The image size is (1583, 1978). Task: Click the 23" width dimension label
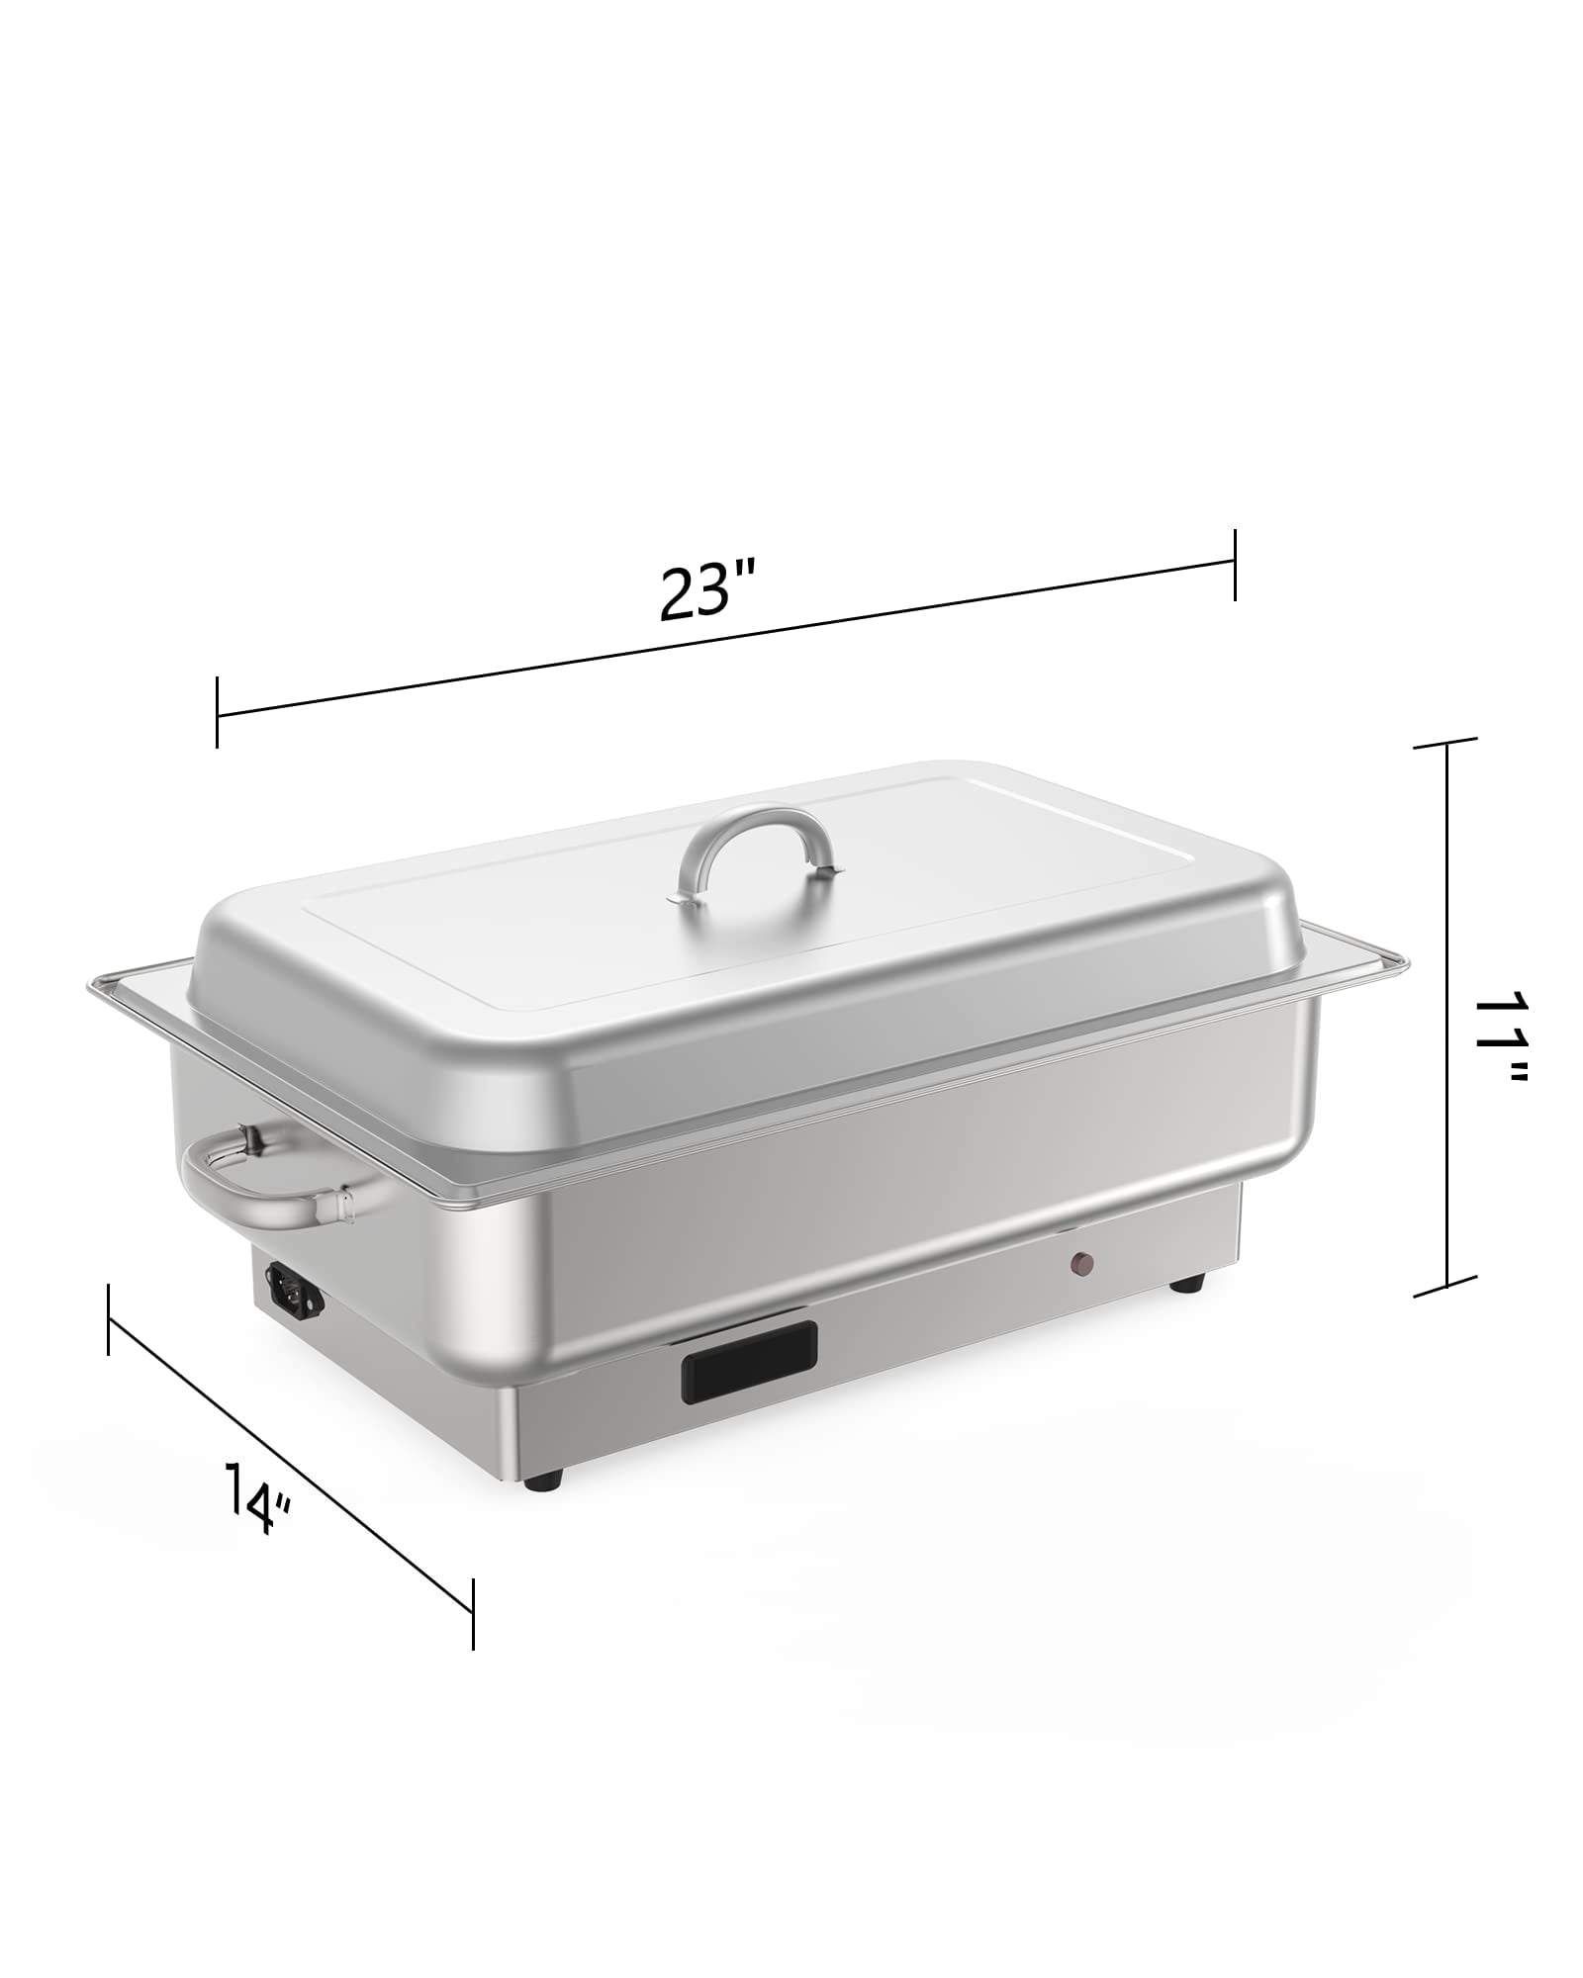[708, 590]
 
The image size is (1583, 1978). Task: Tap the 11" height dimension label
[1500, 1023]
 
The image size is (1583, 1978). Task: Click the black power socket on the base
[291, 1297]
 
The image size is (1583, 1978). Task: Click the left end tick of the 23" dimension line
[217, 712]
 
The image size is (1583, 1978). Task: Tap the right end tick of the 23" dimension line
[1234, 565]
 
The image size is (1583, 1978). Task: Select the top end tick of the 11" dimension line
[1446, 744]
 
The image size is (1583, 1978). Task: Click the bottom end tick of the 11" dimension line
[1446, 1288]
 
